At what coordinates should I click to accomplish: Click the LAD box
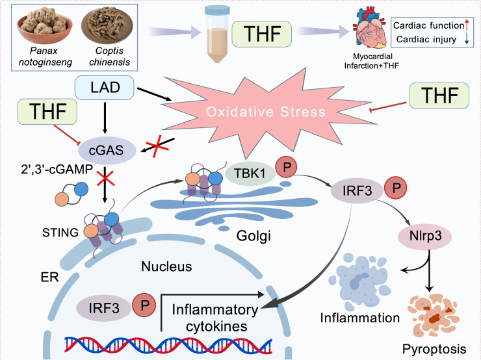pyautogui.click(x=104, y=88)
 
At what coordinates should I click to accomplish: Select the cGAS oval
pyautogui.click(x=107, y=151)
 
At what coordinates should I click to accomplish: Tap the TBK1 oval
pyautogui.click(x=250, y=174)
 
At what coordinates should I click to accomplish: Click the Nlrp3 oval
pyautogui.click(x=425, y=236)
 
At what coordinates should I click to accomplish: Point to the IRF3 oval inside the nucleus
pyautogui.click(x=103, y=308)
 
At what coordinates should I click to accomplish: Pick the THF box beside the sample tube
pyautogui.click(x=262, y=34)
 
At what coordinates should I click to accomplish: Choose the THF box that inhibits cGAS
pyautogui.click(x=47, y=112)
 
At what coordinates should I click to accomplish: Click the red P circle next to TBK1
pyautogui.click(x=286, y=166)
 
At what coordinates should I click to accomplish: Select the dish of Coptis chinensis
pyautogui.click(x=107, y=26)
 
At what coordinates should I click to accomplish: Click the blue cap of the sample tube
pyautogui.click(x=217, y=11)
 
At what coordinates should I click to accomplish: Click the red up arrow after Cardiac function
pyautogui.click(x=467, y=25)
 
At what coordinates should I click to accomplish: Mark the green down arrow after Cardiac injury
pyautogui.click(x=467, y=39)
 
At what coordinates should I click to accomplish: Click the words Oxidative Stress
pyautogui.click(x=266, y=112)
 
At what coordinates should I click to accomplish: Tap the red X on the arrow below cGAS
pyautogui.click(x=105, y=179)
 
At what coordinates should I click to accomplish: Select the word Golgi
pyautogui.click(x=253, y=236)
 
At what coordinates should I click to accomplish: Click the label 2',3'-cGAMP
pyautogui.click(x=57, y=169)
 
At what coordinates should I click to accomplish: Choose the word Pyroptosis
pyautogui.click(x=434, y=349)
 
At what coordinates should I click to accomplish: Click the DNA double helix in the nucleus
pyautogui.click(x=168, y=345)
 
